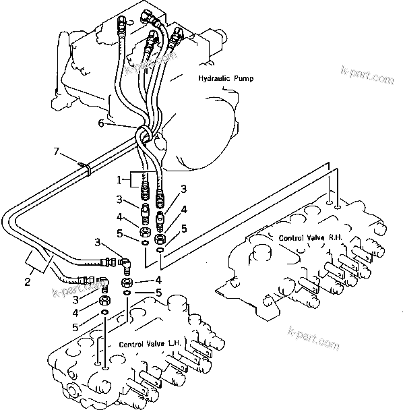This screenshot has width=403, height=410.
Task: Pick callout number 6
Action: coord(120,123)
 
